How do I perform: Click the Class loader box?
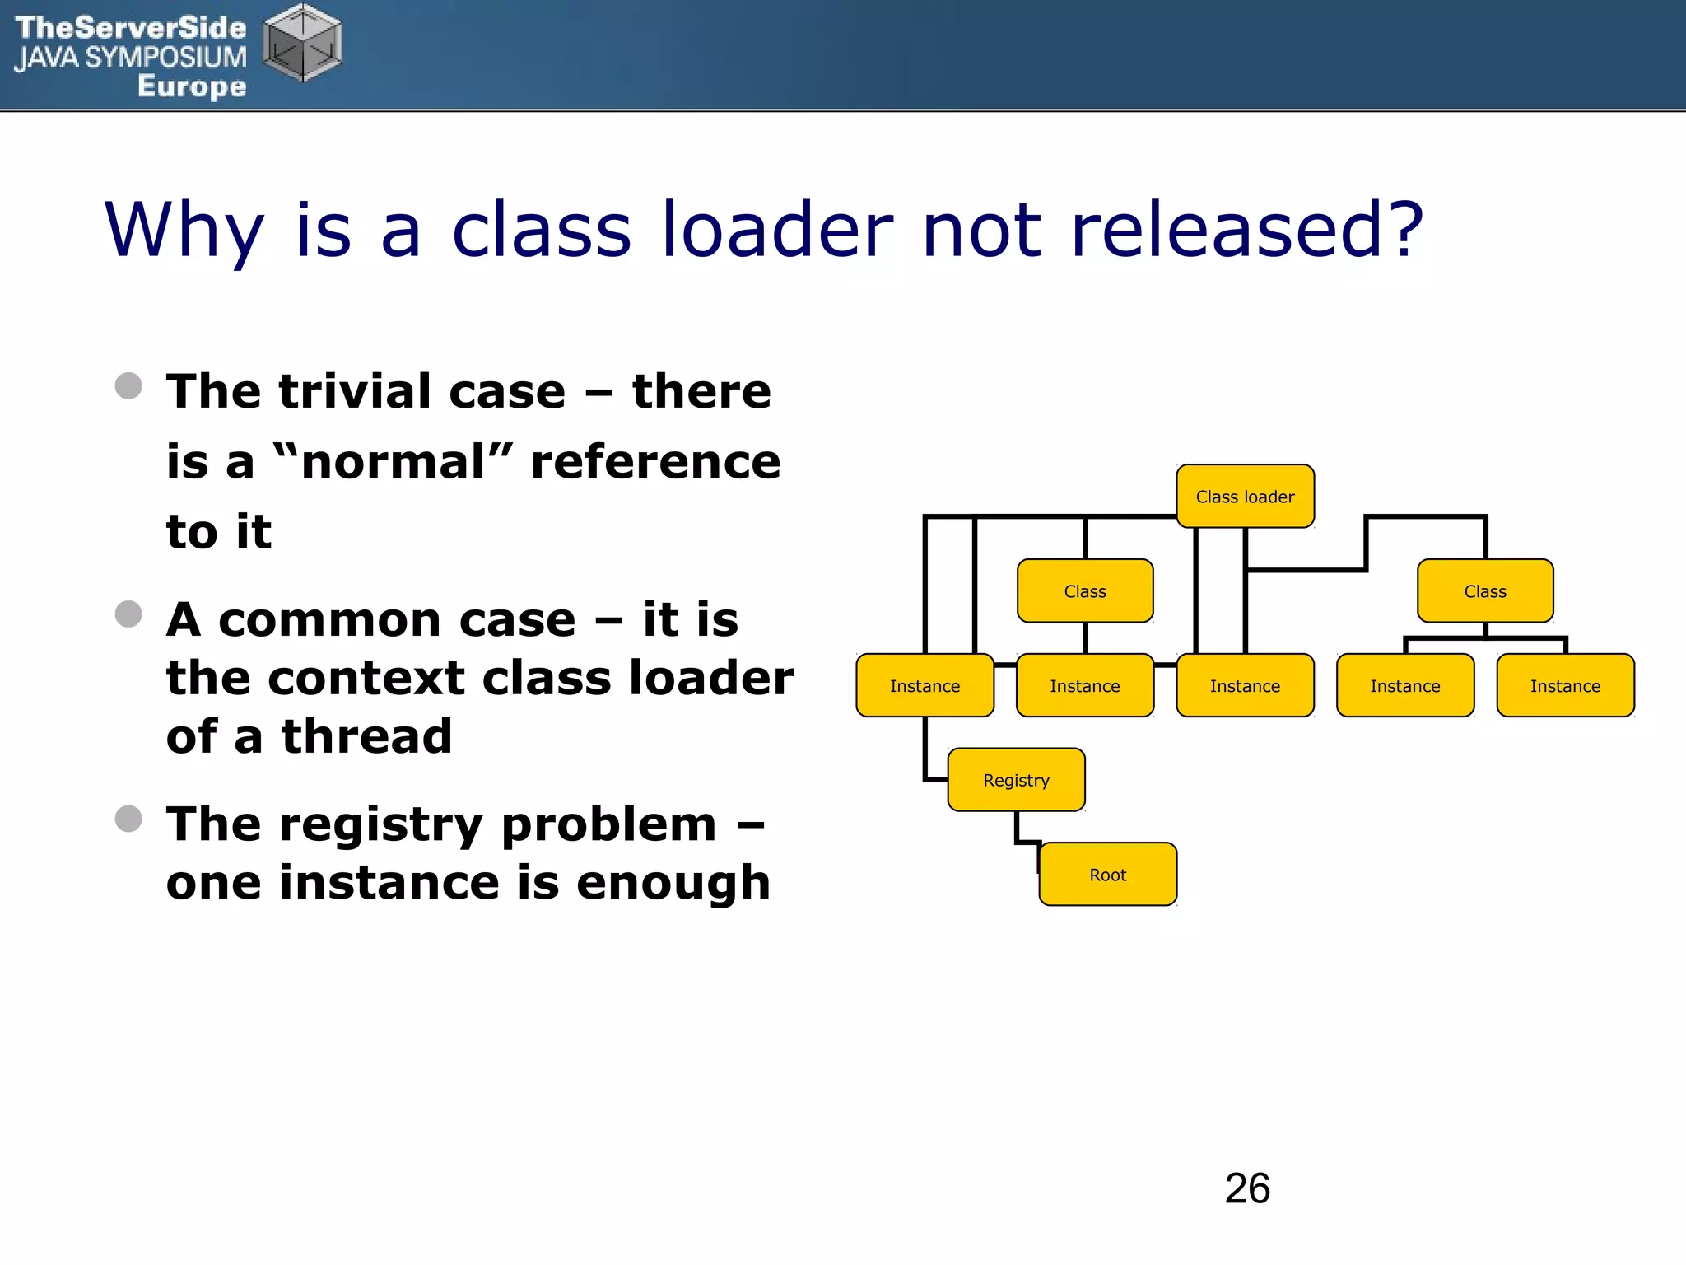pyautogui.click(x=1245, y=497)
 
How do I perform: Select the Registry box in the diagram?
pyautogui.click(x=1016, y=780)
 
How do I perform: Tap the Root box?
pyautogui.click(x=1107, y=875)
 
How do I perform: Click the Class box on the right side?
pyautogui.click(x=1485, y=591)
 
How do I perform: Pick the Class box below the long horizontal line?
pyautogui.click(x=1085, y=591)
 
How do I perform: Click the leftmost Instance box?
pyautogui.click(x=925, y=686)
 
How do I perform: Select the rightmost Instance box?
pyautogui.click(x=1565, y=686)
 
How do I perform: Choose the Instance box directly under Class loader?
pyautogui.click(x=1245, y=686)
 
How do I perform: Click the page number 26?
pyautogui.click(x=1247, y=1188)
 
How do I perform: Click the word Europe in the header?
pyautogui.click(x=192, y=86)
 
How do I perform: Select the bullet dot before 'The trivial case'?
pyautogui.click(x=128, y=385)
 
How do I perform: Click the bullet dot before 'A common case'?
pyautogui.click(x=128, y=614)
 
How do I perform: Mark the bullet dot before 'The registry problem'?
pyautogui.click(x=128, y=819)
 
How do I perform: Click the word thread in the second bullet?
pyautogui.click(x=367, y=736)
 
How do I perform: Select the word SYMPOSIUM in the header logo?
pyautogui.click(x=165, y=58)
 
